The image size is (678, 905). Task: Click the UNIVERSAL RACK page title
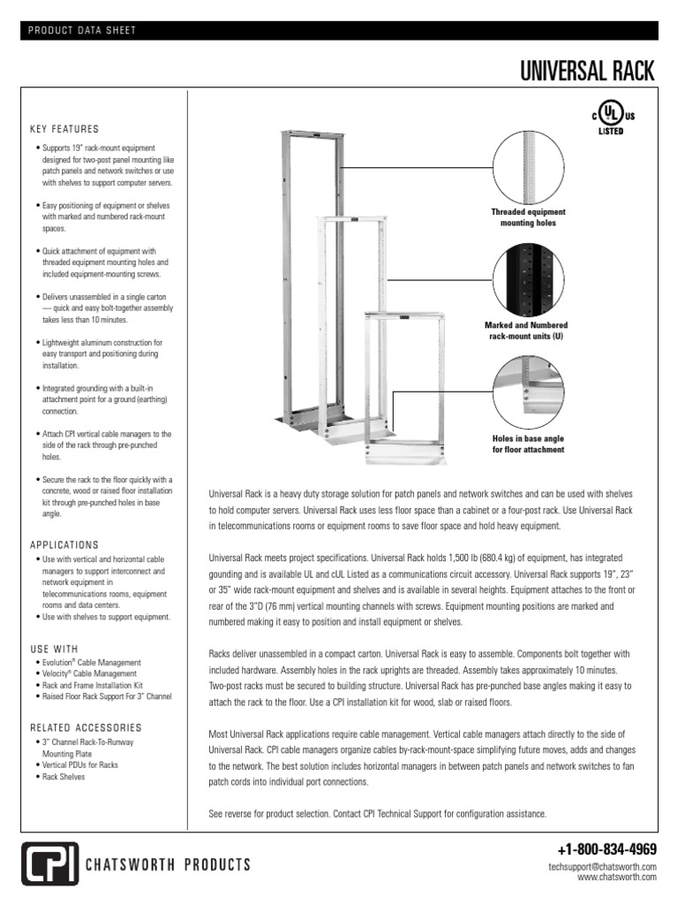coord(587,72)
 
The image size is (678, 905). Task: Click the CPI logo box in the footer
coord(49,863)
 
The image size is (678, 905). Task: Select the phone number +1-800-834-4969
coord(607,850)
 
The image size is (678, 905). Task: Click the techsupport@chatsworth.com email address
coord(602,867)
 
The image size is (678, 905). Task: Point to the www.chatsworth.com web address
coord(617,878)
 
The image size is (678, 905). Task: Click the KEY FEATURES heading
coord(64,129)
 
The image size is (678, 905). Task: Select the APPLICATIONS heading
coord(64,545)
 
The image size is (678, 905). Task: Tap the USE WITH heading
coord(54,649)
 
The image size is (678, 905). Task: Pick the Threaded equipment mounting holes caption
coord(528,218)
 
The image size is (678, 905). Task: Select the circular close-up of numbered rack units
coord(528,279)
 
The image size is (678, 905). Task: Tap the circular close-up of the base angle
coord(528,392)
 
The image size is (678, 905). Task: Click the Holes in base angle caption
coord(528,445)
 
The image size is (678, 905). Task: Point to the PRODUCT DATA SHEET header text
coord(82,31)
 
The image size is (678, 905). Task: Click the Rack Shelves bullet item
coord(63,777)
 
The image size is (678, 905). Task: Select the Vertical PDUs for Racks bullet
coord(79,765)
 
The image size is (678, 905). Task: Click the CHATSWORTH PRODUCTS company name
coord(168,864)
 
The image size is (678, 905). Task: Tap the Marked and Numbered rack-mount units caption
coord(528,331)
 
